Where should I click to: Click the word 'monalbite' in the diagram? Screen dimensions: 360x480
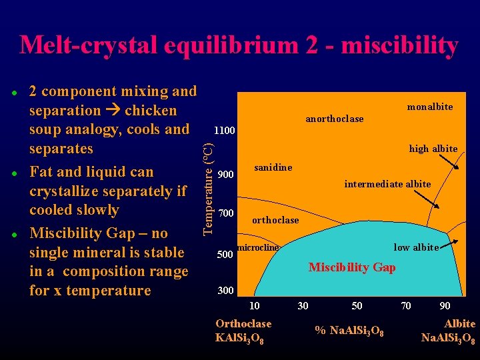pyautogui.click(x=429, y=107)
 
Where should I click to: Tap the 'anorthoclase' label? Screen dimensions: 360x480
pyautogui.click(x=334, y=119)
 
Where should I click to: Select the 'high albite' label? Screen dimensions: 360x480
pyautogui.click(x=433, y=149)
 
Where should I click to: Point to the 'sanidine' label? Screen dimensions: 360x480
pyautogui.click(x=273, y=167)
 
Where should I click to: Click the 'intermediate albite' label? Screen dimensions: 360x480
pyautogui.click(x=387, y=184)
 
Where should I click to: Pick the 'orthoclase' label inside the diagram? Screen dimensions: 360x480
pyautogui.click(x=275, y=220)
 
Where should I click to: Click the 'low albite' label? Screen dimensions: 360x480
pyautogui.click(x=416, y=247)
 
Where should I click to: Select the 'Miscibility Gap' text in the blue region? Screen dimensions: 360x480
pyautogui.click(x=352, y=267)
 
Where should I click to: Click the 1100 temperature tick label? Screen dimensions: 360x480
pyautogui.click(x=224, y=130)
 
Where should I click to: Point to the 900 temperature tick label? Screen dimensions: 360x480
pyautogui.click(x=226, y=175)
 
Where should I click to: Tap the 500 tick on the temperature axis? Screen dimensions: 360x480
pyautogui.click(x=226, y=255)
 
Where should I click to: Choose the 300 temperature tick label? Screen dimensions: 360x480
pyautogui.click(x=226, y=291)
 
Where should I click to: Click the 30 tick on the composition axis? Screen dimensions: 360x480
pyautogui.click(x=303, y=306)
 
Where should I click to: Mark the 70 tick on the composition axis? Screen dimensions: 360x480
pyautogui.click(x=405, y=306)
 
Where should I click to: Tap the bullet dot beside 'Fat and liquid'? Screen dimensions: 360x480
pyautogui.click(x=13, y=173)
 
